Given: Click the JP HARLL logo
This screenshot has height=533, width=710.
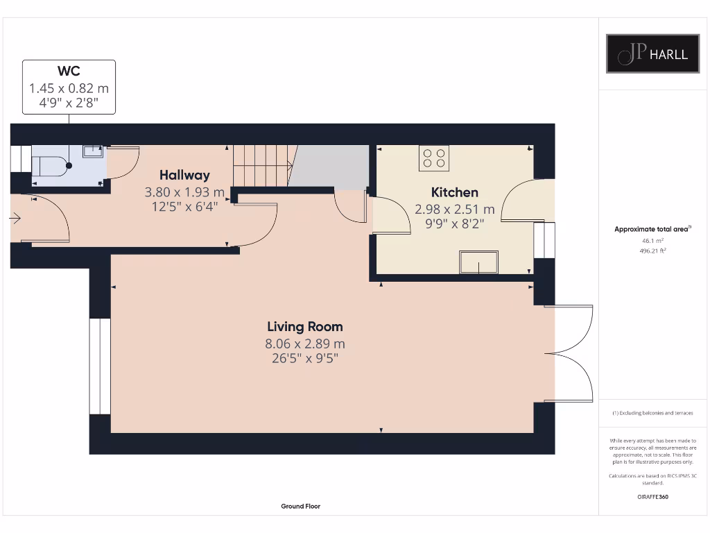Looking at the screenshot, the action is pyautogui.click(x=652, y=53).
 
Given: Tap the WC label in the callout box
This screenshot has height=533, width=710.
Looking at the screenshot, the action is pyautogui.click(x=69, y=71).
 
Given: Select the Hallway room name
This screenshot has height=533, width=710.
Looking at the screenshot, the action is pyautogui.click(x=184, y=176).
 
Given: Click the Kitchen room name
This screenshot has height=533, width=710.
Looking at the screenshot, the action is pyautogui.click(x=455, y=192).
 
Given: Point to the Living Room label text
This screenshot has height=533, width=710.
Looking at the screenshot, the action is pyautogui.click(x=305, y=327).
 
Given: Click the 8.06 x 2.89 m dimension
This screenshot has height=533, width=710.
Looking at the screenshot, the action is pyautogui.click(x=305, y=344).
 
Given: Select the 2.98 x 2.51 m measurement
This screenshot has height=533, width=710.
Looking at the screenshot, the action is pyautogui.click(x=455, y=210).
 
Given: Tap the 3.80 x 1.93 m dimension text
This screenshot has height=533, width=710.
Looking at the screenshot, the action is pyautogui.click(x=184, y=192).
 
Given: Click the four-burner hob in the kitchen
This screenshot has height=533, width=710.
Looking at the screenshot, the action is pyautogui.click(x=434, y=158).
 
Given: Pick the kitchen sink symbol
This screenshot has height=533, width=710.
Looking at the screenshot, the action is pyautogui.click(x=478, y=262).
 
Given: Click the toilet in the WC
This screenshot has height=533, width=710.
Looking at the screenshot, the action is pyautogui.click(x=50, y=166).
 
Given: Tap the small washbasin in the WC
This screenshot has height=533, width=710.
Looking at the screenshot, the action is pyautogui.click(x=93, y=151).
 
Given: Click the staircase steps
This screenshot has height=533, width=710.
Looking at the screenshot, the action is pyautogui.click(x=261, y=165).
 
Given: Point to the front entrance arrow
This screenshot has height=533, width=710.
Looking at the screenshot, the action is pyautogui.click(x=15, y=219).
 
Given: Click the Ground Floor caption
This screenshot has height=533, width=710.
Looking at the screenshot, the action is pyautogui.click(x=301, y=506).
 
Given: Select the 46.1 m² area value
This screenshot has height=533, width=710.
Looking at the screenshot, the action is pyautogui.click(x=652, y=241).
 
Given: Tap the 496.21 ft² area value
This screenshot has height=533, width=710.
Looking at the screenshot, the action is pyautogui.click(x=652, y=251).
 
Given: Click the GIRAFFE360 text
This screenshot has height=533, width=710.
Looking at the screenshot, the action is pyautogui.click(x=652, y=497).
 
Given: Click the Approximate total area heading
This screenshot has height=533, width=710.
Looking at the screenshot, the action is pyautogui.click(x=652, y=229).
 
